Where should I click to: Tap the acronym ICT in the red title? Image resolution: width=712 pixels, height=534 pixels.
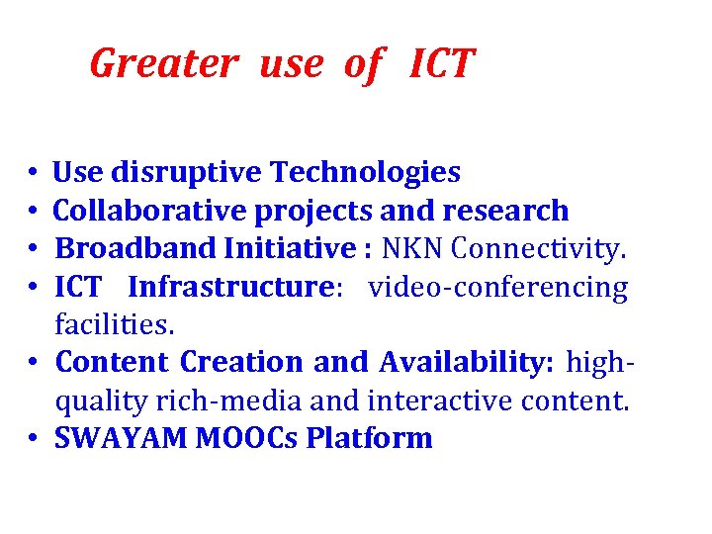[x=442, y=64]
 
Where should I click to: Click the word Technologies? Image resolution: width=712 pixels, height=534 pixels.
[x=366, y=173]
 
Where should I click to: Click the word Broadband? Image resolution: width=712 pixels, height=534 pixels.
[x=130, y=249]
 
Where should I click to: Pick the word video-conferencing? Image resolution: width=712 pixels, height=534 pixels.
[x=498, y=288]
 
